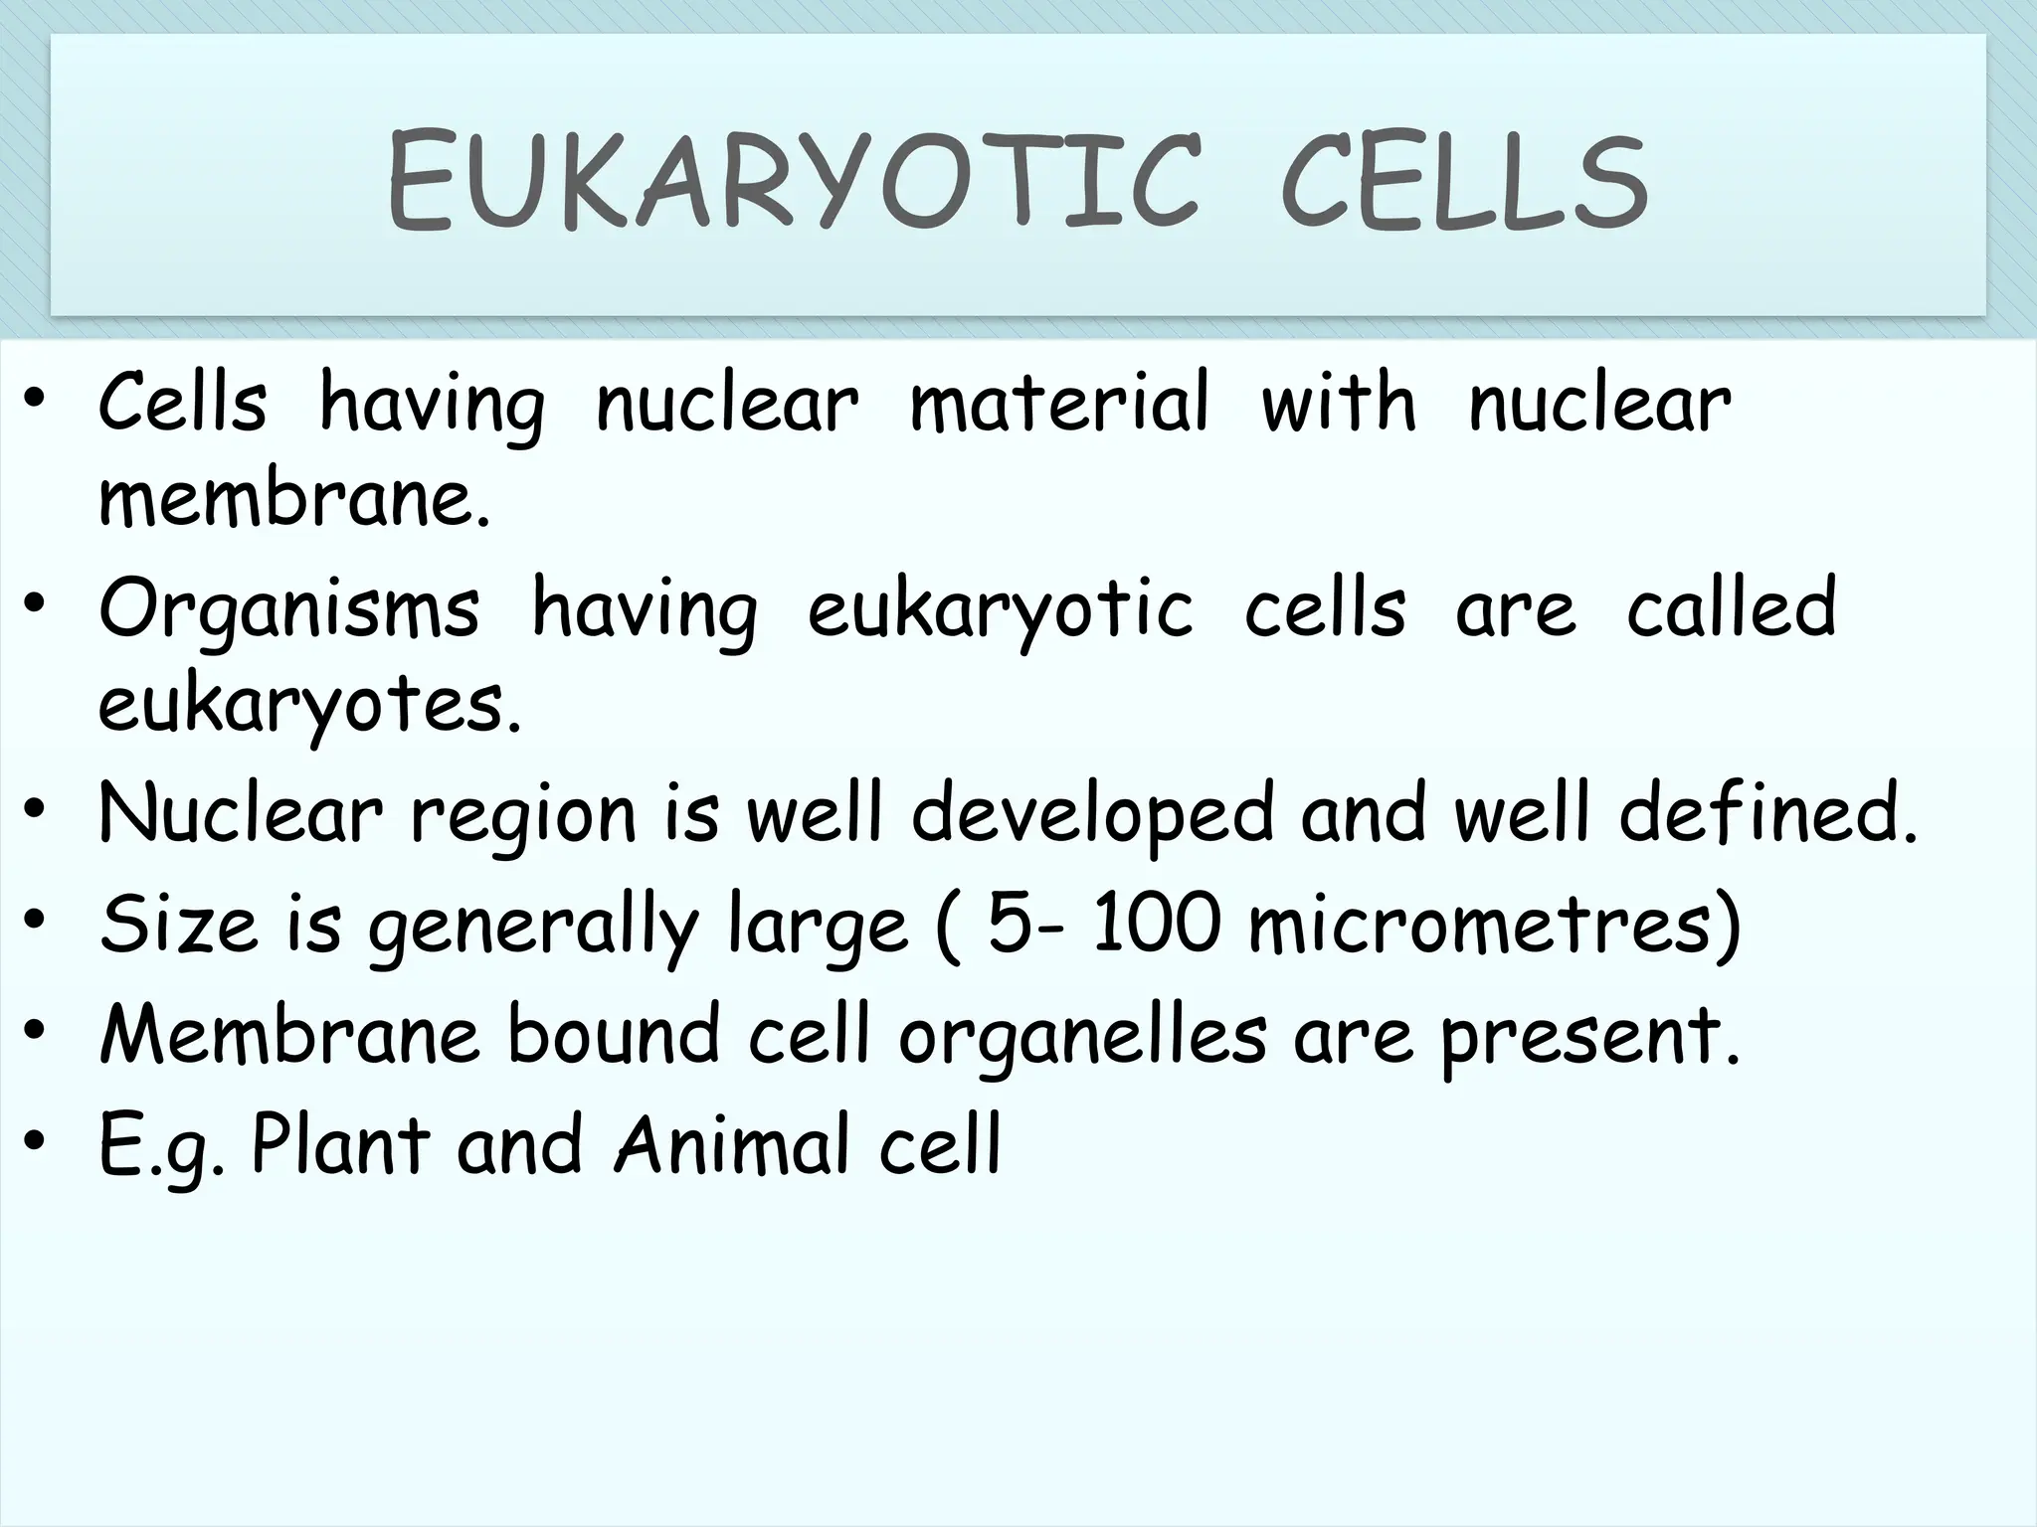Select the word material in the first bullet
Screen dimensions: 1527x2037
tap(1059, 404)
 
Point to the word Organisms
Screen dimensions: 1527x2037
tap(289, 610)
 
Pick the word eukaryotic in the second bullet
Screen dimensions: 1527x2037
tap(1001, 610)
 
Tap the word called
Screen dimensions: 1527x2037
tap(1732, 608)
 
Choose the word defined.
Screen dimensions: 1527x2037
tap(1767, 813)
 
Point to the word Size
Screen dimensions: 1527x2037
tap(179, 924)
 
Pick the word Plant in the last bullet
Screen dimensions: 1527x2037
tap(341, 1144)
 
